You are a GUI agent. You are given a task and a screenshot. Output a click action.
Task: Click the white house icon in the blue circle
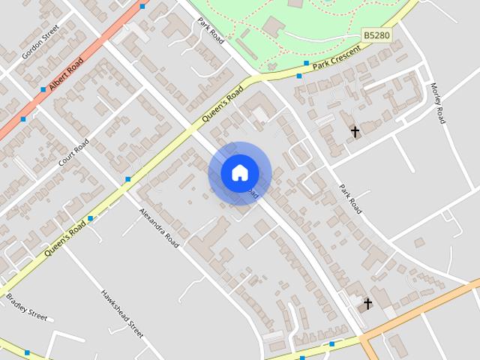click(239, 172)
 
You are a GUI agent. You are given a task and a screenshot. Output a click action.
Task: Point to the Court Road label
click(73, 152)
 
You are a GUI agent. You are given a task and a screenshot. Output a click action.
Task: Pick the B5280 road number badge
click(376, 35)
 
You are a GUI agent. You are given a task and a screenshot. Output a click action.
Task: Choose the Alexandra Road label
click(159, 227)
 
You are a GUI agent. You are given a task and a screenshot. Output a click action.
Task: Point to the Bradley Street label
click(27, 306)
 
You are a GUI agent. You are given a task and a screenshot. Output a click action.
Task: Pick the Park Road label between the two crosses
click(350, 199)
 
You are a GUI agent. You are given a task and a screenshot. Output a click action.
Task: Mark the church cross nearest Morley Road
click(355, 132)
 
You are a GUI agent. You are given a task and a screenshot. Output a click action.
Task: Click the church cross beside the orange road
click(367, 304)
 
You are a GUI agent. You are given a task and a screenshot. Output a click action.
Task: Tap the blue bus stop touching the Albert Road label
click(43, 89)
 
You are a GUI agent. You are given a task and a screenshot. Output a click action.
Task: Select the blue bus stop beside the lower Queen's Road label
click(90, 219)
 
